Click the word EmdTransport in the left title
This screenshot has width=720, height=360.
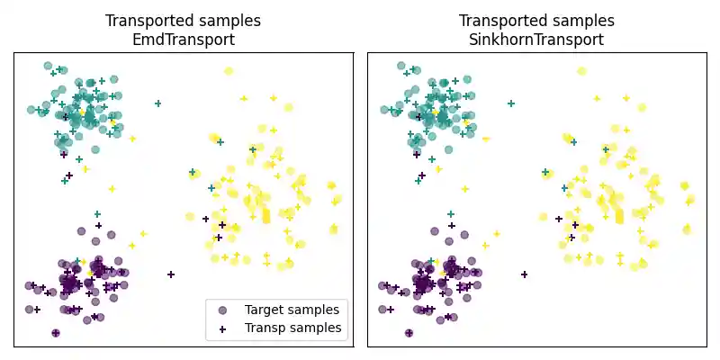[183, 40]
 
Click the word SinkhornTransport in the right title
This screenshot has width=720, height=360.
[536, 40]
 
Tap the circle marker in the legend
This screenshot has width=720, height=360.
[222, 310]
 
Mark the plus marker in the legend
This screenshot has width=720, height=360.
[222, 328]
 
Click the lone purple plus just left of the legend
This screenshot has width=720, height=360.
[171, 274]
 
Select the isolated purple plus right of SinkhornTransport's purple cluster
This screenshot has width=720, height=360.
[525, 274]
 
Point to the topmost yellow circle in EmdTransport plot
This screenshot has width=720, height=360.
[229, 70]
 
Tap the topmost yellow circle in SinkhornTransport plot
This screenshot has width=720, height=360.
[582, 70]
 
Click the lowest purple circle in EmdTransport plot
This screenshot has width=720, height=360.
[56, 333]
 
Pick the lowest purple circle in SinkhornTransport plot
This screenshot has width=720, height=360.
[409, 333]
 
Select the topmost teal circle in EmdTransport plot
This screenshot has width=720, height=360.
[49, 65]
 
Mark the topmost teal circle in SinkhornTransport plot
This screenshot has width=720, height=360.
[402, 65]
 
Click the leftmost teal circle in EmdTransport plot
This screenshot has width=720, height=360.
[31, 110]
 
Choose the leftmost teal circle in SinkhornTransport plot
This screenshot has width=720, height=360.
[385, 110]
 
